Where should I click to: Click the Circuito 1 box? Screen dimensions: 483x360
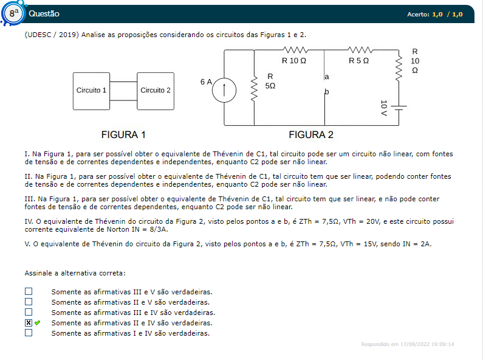91,91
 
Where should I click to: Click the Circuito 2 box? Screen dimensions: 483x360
156,91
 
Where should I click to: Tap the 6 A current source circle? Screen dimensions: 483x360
224,91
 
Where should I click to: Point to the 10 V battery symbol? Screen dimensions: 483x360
399,108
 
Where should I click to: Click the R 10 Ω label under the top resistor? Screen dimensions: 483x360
294,61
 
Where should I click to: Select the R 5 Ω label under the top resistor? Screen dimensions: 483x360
358,61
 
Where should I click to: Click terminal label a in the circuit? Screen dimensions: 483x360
327,77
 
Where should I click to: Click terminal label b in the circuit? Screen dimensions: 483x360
327,92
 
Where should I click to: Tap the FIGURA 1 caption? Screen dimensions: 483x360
123,134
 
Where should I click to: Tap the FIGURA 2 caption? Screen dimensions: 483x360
311,134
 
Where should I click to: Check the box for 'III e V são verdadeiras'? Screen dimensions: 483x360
29,291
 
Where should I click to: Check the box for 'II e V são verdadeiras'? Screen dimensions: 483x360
29,302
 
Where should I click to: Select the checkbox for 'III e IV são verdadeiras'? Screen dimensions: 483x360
29,312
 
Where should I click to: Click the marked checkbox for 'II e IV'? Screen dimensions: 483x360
29,323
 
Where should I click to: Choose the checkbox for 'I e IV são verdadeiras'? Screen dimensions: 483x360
29,333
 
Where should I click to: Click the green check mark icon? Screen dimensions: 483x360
37,323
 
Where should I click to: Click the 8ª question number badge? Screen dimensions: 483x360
13,13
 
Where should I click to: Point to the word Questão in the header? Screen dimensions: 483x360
44,13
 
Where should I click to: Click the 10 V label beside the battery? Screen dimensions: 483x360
384,108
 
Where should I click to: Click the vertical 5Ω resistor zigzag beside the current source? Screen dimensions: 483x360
254,89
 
